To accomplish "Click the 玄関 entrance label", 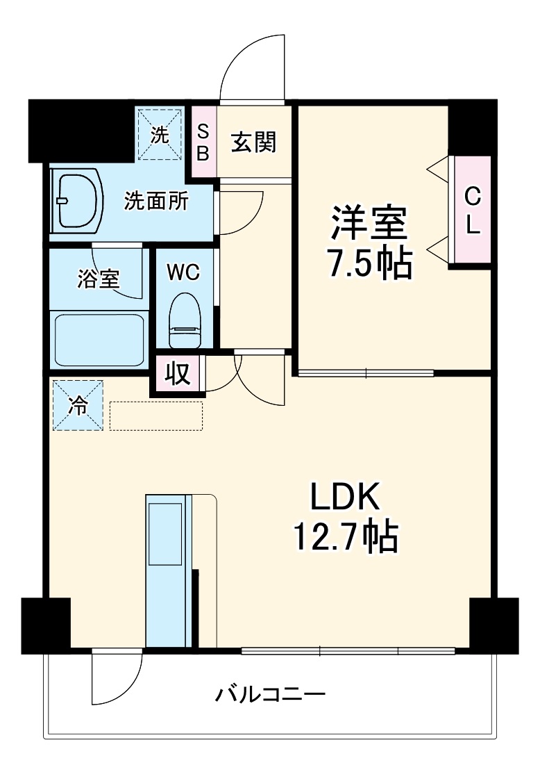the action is point(254,142).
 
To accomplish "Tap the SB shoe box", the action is point(203,142).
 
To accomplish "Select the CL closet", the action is point(473,210).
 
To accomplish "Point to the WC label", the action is point(183,272).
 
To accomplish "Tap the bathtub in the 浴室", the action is point(99,339).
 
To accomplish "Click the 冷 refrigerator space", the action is point(77,405).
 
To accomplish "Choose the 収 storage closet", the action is point(177,373).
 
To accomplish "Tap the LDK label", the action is point(345,497).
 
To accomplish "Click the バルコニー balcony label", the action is point(270,695).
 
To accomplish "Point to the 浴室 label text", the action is point(98,279).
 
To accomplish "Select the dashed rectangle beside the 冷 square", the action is point(156,416).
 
